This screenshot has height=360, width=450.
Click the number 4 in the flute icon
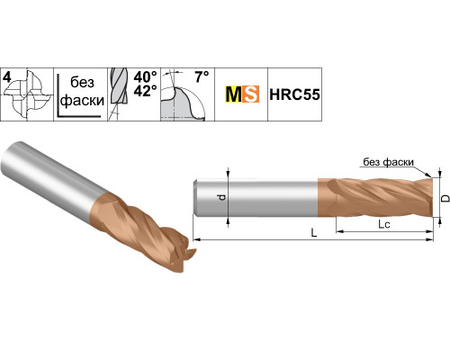7,77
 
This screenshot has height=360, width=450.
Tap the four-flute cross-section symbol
29,94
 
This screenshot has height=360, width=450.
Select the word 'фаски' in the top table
83,101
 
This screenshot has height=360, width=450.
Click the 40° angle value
145,77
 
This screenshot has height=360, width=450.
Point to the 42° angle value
145,91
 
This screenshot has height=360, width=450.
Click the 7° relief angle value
202,76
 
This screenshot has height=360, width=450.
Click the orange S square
250,94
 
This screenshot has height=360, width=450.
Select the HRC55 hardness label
294,94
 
